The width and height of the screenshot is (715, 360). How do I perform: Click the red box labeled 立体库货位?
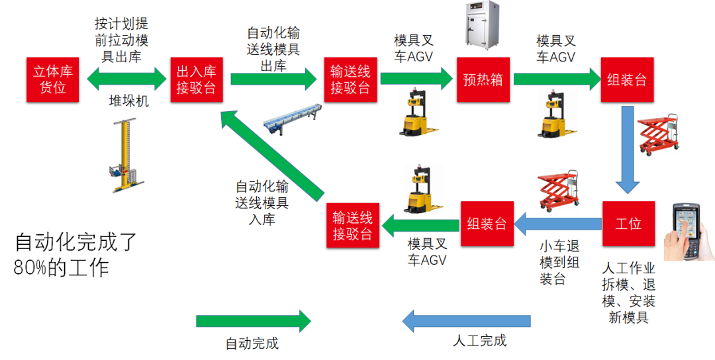tap(52, 80)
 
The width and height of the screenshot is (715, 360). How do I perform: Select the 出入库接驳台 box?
tap(197, 80)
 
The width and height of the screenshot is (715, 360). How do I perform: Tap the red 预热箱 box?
tap(483, 80)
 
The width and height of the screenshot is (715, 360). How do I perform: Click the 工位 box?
tap(628, 224)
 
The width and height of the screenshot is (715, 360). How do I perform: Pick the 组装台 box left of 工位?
tap(487, 224)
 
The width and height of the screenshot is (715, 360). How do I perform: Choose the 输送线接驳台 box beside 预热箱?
tap(350, 80)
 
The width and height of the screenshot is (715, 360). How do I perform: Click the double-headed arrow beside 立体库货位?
tap(126, 79)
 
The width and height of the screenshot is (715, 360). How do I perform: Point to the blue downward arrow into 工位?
tap(628, 150)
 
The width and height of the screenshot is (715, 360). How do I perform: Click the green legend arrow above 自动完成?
tap(254, 321)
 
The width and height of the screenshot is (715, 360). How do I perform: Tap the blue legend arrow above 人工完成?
tap(466, 321)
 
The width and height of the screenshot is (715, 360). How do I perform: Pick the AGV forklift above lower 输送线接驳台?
tap(422, 189)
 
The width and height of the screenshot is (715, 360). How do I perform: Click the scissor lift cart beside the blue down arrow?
tap(658, 134)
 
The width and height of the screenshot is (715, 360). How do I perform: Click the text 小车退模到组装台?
tap(559, 263)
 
